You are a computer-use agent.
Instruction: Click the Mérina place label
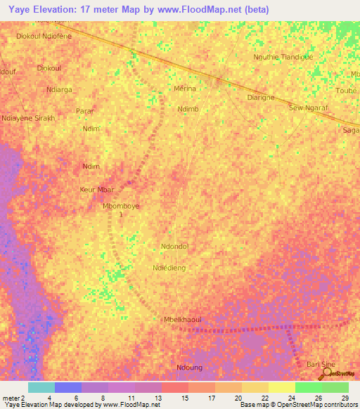pyautogui.click(x=184, y=89)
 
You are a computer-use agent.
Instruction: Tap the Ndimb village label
pyautogui.click(x=188, y=110)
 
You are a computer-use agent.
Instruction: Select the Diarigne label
pyautogui.click(x=261, y=98)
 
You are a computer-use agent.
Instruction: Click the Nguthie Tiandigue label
pyautogui.click(x=283, y=57)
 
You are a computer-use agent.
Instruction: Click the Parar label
pyautogui.click(x=84, y=112)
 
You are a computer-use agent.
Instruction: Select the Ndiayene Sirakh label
pyautogui.click(x=28, y=119)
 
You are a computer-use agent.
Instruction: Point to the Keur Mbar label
pyautogui.click(x=96, y=190)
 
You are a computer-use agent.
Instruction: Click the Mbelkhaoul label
pyautogui.click(x=182, y=318)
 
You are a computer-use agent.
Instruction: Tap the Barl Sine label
pyautogui.click(x=321, y=364)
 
